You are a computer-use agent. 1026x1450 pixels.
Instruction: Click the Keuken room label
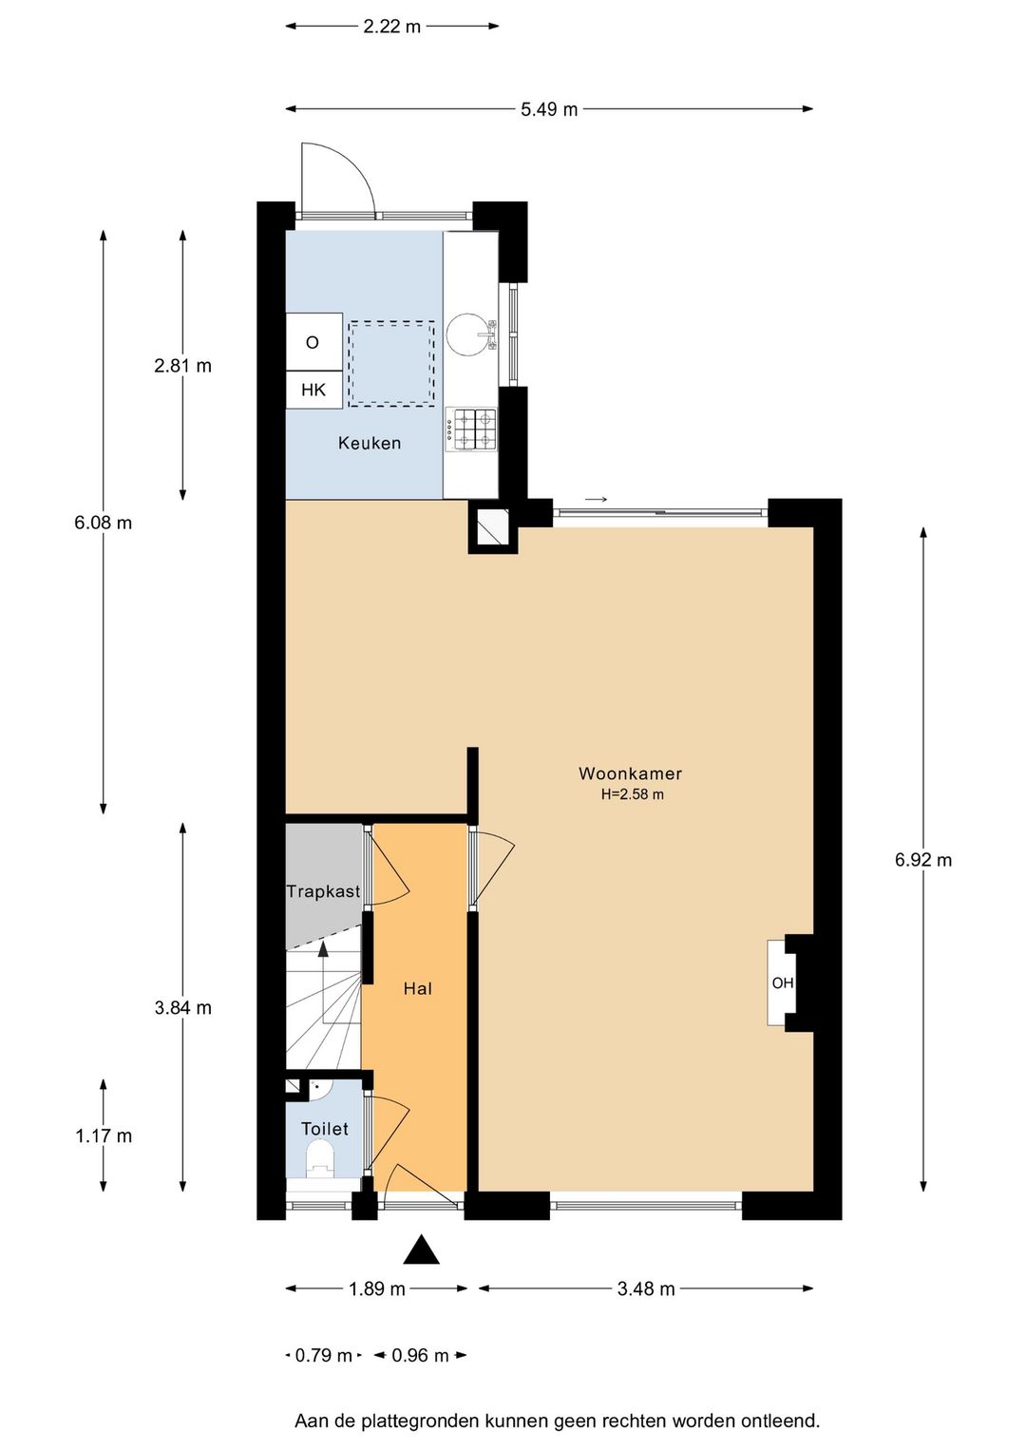point(369,444)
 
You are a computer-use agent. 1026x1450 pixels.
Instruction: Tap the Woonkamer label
point(630,773)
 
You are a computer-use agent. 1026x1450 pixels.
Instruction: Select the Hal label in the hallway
point(417,988)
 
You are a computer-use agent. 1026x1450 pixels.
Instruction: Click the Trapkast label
point(323,891)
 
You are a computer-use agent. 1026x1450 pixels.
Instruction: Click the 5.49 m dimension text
point(549,109)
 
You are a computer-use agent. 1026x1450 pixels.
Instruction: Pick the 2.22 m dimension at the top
point(391,27)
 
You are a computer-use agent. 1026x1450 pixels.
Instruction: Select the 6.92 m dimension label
point(923,860)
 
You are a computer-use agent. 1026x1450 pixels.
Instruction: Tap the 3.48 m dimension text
point(645,1288)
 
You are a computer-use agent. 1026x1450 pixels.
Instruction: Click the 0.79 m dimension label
point(324,1355)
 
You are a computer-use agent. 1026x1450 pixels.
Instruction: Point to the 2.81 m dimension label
point(182,366)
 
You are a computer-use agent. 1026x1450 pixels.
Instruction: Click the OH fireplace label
point(783,983)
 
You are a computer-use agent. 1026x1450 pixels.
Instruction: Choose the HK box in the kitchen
point(313,390)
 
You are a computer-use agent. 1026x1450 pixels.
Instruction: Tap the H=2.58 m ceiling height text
point(633,795)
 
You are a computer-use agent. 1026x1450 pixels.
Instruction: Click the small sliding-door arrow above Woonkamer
point(597,499)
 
